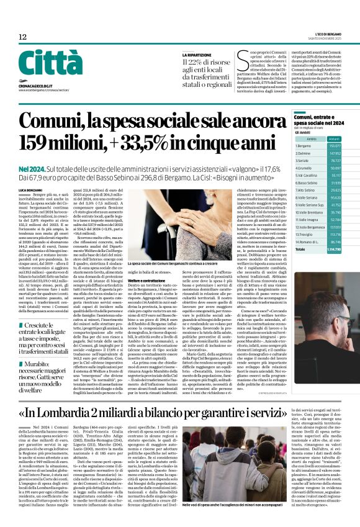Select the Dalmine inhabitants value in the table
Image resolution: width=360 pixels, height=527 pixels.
[335, 152]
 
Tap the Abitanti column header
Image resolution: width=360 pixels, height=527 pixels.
[335, 138]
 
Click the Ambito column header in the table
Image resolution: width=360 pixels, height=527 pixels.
[312, 138]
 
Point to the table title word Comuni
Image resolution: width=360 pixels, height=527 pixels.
[304, 118]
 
